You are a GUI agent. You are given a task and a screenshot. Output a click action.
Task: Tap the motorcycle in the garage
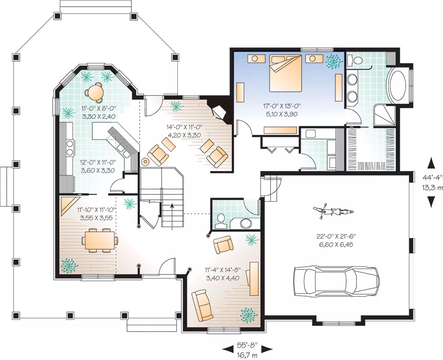[x=334, y=211]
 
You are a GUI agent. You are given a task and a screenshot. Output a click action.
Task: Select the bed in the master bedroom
[x=285, y=73]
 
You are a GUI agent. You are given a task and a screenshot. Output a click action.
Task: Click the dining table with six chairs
[x=99, y=240]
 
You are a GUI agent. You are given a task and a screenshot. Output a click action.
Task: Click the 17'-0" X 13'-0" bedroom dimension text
[x=281, y=106]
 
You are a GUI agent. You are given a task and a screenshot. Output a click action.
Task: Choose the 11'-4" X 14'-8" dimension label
[x=222, y=270]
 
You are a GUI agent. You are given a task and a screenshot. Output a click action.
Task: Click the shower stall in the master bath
[x=384, y=116]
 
